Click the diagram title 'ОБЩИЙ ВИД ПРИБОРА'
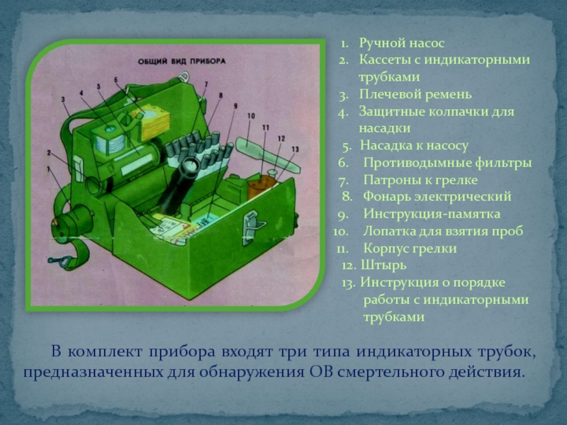182,61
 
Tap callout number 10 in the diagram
251,115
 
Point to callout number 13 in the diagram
295,149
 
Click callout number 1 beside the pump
48,169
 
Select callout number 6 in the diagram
116,79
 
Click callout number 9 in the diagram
235,106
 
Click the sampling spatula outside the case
268,154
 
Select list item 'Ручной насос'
401,43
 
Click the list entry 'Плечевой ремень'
415,94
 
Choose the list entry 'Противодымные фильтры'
447,163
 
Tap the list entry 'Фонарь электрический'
437,197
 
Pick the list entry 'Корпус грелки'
410,249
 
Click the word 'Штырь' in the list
383,265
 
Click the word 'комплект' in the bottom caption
105,351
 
